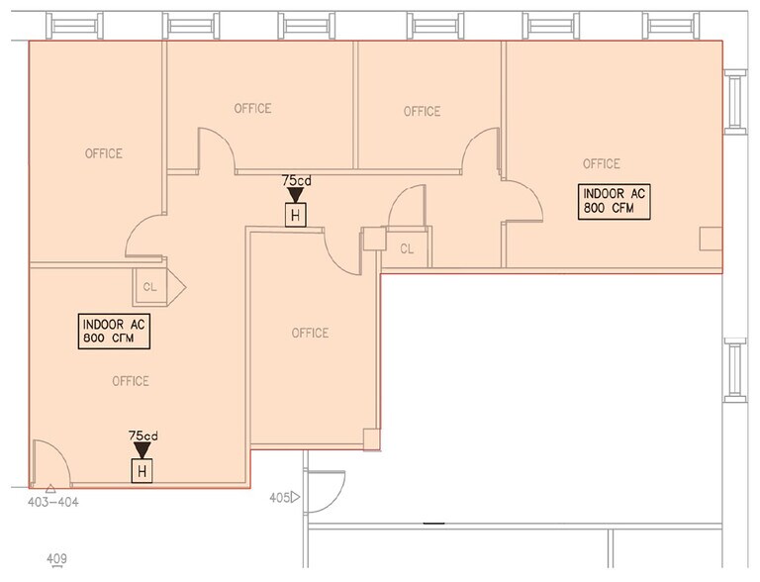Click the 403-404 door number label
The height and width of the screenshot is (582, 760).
53,502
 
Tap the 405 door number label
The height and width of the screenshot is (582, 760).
278,498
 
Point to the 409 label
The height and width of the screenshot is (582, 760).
56,560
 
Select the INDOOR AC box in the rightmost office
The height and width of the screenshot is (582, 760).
616,201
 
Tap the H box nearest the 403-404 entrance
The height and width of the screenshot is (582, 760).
142,471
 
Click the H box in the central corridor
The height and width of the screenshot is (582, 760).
295,214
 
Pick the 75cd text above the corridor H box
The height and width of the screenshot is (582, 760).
295,181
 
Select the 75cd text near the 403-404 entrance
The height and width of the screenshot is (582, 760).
142,436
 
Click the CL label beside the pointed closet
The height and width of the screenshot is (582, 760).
150,288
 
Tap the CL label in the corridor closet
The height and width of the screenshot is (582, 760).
407,249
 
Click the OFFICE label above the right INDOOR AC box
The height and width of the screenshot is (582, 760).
602,163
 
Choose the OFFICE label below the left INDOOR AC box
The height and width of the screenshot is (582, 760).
131,381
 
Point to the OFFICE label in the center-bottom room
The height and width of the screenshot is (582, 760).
310,333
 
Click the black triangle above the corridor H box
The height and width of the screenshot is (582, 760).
295,196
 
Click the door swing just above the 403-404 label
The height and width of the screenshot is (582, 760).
47,465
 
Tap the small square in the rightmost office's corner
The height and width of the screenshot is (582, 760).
711,239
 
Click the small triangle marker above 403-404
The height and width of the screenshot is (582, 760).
49,489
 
